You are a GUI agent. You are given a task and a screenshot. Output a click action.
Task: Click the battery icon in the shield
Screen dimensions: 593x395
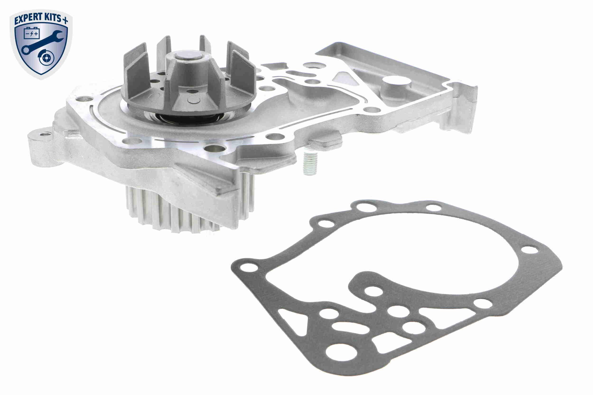pos(32,33)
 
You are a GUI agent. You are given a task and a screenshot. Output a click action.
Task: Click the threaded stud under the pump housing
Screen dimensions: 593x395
pos(310,164)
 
